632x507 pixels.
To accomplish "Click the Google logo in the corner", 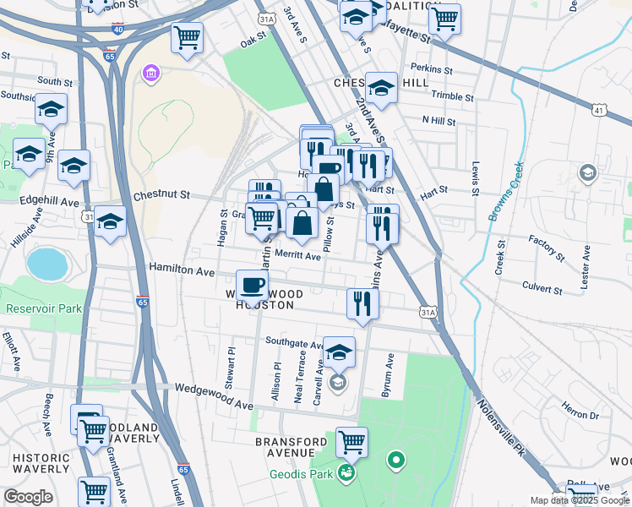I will pos(28,497).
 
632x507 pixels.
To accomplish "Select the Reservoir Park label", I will pos(44,308).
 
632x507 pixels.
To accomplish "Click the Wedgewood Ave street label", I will pos(214,389).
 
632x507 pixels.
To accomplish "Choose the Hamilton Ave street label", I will pos(182,267).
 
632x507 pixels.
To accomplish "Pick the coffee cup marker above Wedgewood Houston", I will pos(251,286).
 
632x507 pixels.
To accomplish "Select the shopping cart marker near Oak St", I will pos(186,36).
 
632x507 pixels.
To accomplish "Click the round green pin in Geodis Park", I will pos(395,461).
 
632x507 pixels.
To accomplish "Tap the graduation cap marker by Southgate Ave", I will pos(340,352).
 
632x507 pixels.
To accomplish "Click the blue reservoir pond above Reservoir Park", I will pos(46,264).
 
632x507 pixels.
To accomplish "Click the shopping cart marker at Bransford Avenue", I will pos(351,441).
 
